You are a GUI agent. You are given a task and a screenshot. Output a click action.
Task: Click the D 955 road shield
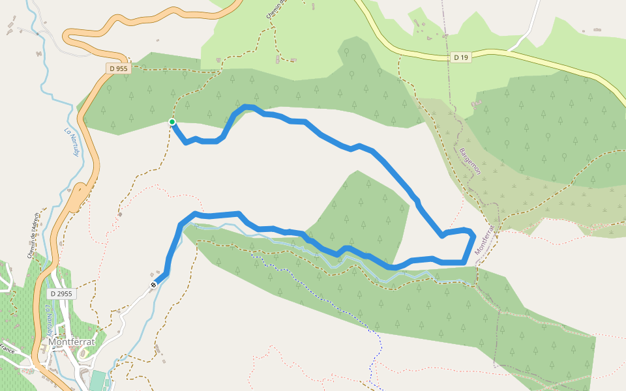119,68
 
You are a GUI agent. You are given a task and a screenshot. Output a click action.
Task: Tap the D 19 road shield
460,57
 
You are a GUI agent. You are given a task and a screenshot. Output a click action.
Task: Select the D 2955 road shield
61,294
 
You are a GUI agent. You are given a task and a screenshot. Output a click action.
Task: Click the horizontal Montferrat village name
72,342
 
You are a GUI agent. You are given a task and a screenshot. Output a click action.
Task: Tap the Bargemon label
470,161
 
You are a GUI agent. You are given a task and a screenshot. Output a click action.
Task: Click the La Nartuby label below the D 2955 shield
50,317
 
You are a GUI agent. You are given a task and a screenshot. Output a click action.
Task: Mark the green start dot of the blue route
172,122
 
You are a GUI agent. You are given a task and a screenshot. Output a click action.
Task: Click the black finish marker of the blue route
153,284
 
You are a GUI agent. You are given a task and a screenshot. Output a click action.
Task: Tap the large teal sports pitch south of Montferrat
97,381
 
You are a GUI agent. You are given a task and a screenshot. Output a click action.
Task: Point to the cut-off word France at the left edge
7,349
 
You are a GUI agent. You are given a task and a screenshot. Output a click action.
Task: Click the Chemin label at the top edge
276,9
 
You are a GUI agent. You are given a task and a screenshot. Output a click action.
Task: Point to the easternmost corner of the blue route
473,235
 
